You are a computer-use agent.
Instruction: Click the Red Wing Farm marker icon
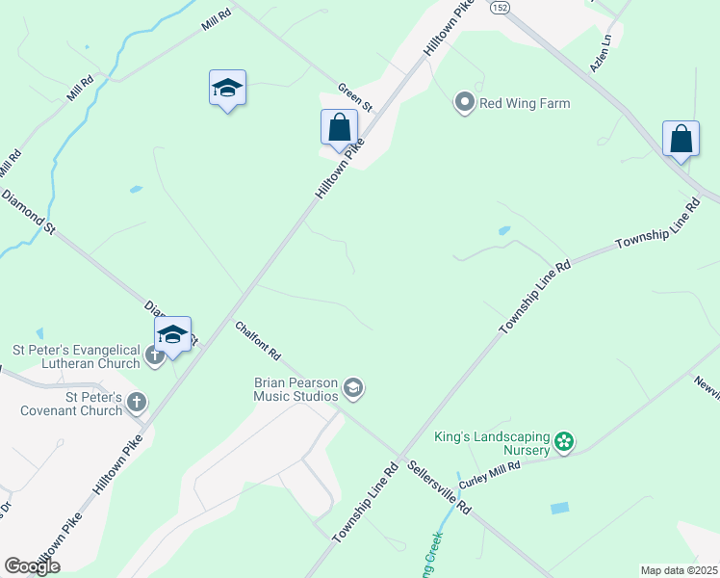(465, 103)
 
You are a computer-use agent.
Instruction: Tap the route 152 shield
(499, 7)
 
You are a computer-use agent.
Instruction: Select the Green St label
(354, 94)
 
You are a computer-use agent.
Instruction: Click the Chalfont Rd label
(258, 341)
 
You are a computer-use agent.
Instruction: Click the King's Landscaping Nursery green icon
(564, 443)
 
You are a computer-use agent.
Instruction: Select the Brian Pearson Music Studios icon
(353, 388)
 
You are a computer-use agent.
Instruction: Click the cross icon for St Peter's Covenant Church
(137, 402)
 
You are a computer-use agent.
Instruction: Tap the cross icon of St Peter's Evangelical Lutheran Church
(154, 356)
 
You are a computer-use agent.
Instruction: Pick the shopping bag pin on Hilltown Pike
(339, 127)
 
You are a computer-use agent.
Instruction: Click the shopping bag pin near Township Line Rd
(681, 139)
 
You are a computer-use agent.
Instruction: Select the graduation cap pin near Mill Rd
(227, 88)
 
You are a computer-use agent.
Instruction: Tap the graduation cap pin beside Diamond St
(173, 334)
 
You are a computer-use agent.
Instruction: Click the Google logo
(32, 566)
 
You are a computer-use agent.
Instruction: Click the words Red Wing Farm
(525, 104)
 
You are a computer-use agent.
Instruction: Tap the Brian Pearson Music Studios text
(296, 389)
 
